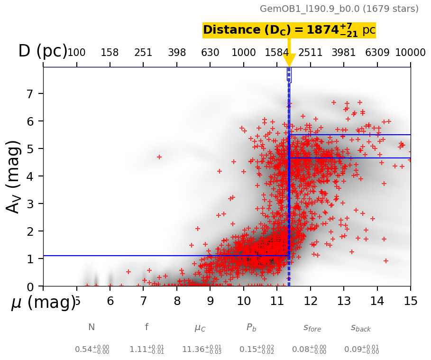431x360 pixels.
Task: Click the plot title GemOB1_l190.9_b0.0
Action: click(x=339, y=9)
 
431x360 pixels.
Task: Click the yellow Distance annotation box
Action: click(x=289, y=30)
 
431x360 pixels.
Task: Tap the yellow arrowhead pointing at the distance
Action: click(x=289, y=60)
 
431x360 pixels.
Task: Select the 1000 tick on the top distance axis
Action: click(x=244, y=52)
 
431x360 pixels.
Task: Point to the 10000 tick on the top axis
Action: click(x=410, y=52)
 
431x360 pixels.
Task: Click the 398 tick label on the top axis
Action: click(x=177, y=52)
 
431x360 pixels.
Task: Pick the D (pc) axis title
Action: click(x=43, y=51)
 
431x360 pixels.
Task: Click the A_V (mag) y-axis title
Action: click(x=14, y=176)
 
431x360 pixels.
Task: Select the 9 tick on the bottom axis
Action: click(x=210, y=301)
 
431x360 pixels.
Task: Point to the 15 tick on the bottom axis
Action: click(x=410, y=301)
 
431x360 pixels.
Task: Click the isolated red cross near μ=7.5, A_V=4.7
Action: click(x=159, y=157)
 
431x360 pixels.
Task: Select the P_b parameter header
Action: click(x=251, y=327)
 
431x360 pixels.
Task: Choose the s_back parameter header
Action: click(x=361, y=328)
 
